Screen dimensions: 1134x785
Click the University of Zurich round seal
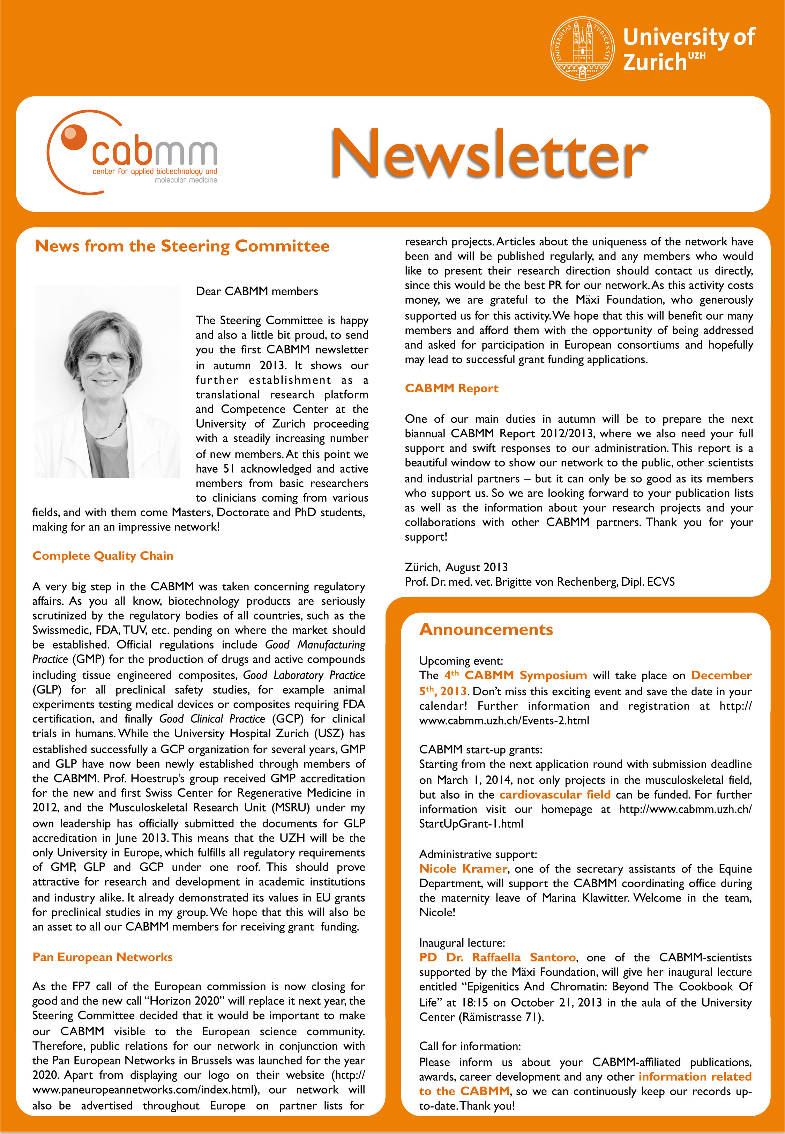coord(582,48)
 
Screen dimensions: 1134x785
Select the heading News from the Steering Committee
coord(182,246)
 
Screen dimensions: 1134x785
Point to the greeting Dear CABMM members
coord(257,291)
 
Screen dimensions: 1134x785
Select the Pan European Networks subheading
coord(102,957)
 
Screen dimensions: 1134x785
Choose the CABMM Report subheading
coord(451,388)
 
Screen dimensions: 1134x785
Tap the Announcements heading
coord(486,629)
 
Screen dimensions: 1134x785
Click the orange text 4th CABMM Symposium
coord(515,675)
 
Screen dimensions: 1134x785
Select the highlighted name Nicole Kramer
coord(463,868)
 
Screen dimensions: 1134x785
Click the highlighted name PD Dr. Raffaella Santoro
coord(497,957)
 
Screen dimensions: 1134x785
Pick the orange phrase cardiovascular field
coord(555,794)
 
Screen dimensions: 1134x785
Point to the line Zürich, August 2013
coord(456,567)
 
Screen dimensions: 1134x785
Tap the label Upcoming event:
coord(461,661)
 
